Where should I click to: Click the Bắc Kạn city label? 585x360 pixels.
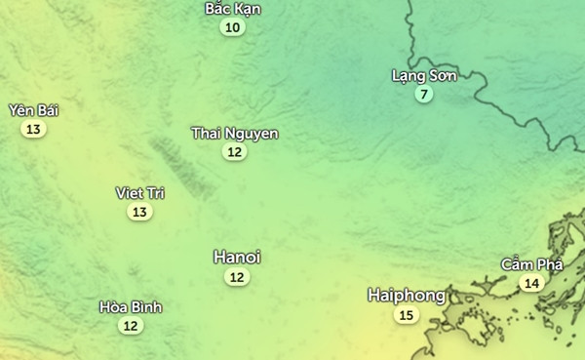click(x=233, y=9)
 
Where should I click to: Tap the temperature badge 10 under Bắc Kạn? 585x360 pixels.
click(x=232, y=27)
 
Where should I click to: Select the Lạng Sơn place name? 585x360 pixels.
click(x=423, y=75)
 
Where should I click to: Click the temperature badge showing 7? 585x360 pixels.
click(x=422, y=95)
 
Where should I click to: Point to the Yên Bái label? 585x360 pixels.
click(x=33, y=110)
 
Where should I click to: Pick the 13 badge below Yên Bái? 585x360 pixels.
click(x=33, y=129)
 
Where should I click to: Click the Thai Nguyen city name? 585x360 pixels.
click(x=234, y=133)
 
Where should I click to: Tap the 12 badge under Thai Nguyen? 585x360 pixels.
click(x=234, y=151)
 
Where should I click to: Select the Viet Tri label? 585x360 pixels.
click(x=139, y=192)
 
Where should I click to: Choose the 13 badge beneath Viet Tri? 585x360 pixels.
click(x=139, y=212)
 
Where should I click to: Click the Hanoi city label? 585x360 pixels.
click(x=236, y=258)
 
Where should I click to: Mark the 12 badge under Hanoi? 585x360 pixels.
click(x=236, y=277)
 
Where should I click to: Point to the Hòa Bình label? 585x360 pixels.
click(x=131, y=307)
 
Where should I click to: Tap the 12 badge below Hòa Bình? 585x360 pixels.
click(x=131, y=326)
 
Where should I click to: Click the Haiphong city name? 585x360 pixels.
click(x=407, y=295)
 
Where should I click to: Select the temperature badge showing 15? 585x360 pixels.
click(x=406, y=315)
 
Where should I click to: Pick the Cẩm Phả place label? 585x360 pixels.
click(x=531, y=264)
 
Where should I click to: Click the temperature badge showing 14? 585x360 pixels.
click(x=530, y=284)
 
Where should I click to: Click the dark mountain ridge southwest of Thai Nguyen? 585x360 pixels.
click(x=180, y=166)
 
